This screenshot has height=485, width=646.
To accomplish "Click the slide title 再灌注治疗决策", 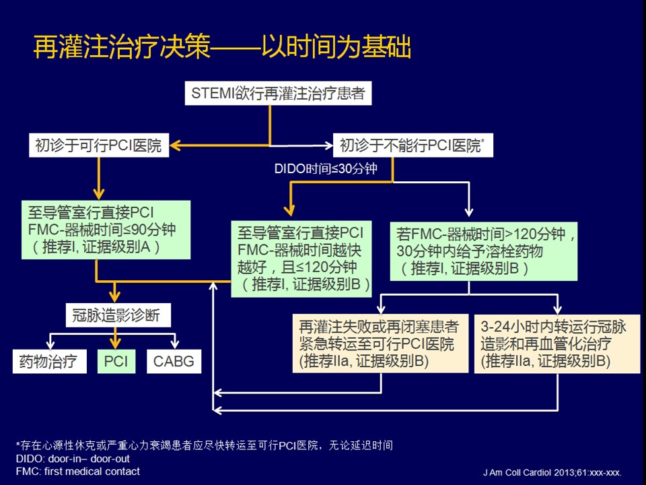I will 222,48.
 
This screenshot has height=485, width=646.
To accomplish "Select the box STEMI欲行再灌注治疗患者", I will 279,93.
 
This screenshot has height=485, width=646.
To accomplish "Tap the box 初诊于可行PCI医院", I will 98,145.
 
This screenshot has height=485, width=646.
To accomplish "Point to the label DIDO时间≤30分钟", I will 325,168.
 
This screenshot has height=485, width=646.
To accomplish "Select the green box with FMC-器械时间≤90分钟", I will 98,228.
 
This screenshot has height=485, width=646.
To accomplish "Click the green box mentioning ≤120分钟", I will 301,259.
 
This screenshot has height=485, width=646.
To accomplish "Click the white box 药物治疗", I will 50,361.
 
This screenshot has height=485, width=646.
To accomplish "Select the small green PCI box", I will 116,361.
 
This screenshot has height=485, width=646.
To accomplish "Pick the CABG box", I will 174,361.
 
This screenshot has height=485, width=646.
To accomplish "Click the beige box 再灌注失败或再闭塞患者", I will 379,344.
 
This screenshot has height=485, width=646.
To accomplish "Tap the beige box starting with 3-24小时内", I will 557,344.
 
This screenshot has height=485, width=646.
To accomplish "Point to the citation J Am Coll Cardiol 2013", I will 552,472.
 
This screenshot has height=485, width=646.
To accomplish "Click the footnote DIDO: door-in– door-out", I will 63,458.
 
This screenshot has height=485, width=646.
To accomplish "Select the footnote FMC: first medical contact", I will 78,472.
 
